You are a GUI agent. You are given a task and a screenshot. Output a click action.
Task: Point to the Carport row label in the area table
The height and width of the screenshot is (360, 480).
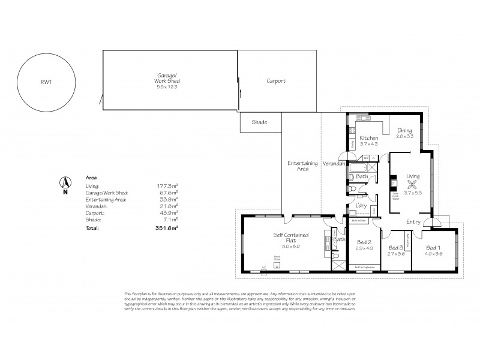pyautogui.click(x=95, y=212)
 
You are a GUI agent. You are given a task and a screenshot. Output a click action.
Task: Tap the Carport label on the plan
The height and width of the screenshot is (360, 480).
pyautogui.click(x=276, y=80)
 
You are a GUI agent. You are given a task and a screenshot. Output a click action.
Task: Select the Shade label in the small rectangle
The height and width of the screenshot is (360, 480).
pyautogui.click(x=259, y=122)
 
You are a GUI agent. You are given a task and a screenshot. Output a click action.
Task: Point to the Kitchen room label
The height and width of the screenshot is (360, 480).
pyautogui.click(x=368, y=139)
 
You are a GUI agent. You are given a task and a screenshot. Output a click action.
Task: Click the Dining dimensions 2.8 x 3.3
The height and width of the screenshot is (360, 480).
pyautogui.click(x=404, y=137)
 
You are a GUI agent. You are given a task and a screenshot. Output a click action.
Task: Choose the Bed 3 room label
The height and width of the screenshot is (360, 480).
pyautogui.click(x=395, y=247)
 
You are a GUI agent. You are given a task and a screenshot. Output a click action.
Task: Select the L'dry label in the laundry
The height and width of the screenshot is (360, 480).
pyautogui.click(x=361, y=206)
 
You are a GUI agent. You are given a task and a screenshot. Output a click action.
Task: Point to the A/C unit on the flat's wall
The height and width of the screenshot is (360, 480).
pyautogui.click(x=263, y=268)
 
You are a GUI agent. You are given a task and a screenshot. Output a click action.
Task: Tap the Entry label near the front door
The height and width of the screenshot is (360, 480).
pyautogui.click(x=413, y=222)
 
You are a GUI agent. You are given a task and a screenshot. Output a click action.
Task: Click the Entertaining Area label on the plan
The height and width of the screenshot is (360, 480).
pyautogui.click(x=298, y=166)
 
